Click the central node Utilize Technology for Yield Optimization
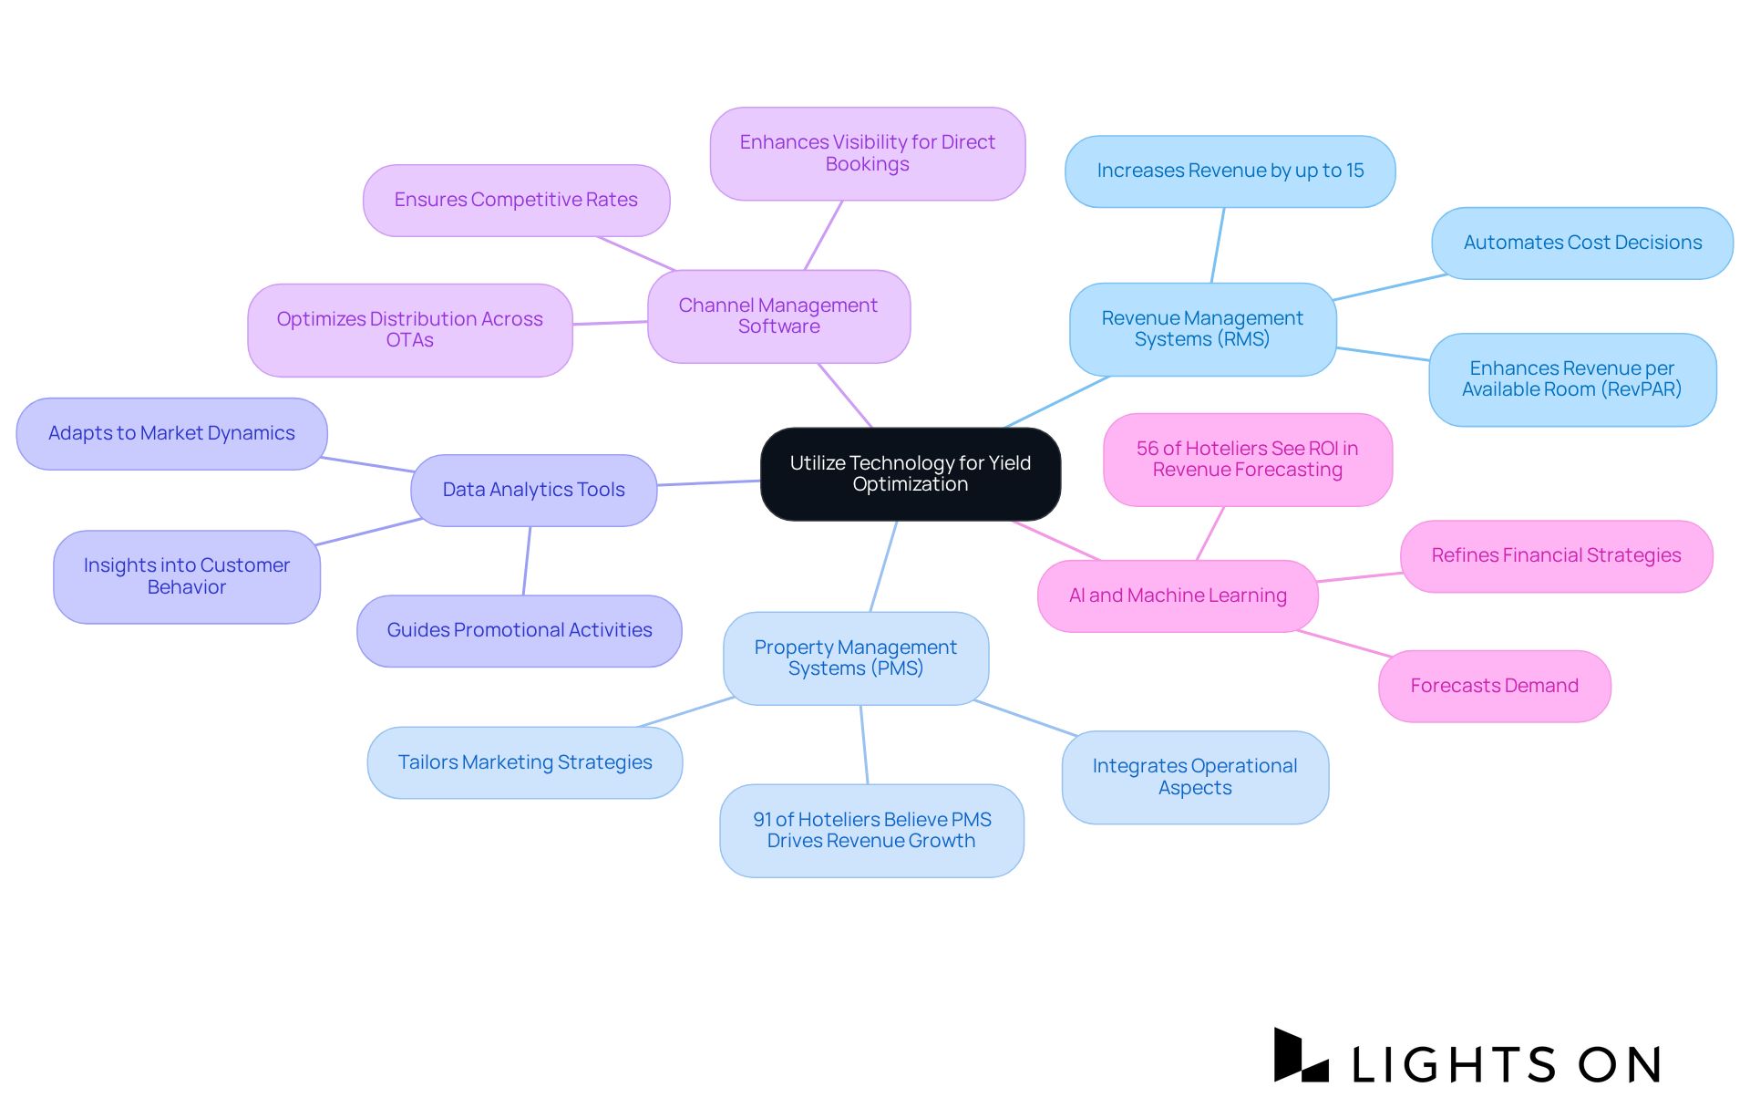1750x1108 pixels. click(x=910, y=474)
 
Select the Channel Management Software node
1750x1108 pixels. click(x=778, y=316)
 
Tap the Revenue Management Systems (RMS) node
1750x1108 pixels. click(x=1202, y=329)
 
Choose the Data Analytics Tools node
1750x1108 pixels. click(x=533, y=491)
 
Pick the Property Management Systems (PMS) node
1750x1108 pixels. click(x=855, y=658)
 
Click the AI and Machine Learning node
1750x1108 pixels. click(x=1178, y=596)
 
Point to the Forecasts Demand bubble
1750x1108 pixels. click(x=1494, y=687)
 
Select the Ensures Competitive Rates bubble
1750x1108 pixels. click(x=516, y=201)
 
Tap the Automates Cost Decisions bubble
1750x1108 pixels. click(x=1582, y=243)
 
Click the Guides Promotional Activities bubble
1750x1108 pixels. click(x=520, y=631)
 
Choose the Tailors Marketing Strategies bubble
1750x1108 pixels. click(x=525, y=763)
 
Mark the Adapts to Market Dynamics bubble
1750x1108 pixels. click(x=171, y=434)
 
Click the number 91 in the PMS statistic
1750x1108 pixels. click(x=763, y=820)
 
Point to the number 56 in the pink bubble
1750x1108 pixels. click(x=1147, y=449)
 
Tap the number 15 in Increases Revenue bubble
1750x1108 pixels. click(x=1354, y=171)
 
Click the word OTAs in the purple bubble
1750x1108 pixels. click(x=409, y=341)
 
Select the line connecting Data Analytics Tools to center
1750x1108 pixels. click(x=708, y=483)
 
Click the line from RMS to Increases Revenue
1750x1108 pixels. click(x=1218, y=245)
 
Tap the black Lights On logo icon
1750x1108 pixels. click(x=1300, y=1056)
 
